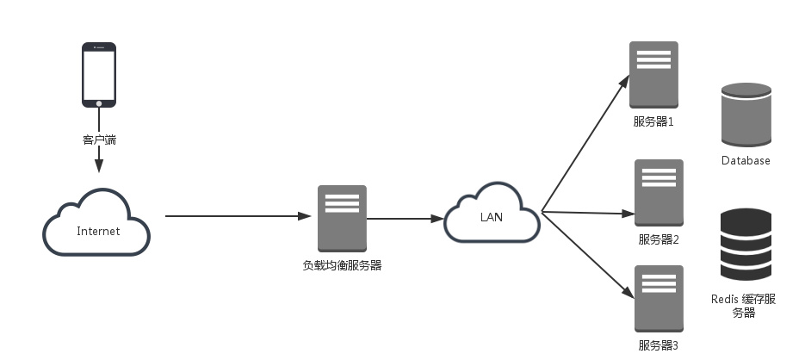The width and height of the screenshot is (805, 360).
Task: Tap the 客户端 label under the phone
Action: pos(99,138)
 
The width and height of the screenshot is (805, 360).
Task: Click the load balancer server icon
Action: pos(342,218)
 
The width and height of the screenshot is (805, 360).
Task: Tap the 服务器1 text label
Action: pos(653,121)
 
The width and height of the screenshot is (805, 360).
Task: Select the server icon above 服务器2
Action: pos(659,192)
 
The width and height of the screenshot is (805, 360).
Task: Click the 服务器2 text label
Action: pos(659,239)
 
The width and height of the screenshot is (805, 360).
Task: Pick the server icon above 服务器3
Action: pos(659,298)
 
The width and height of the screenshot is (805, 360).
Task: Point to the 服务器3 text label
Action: pos(659,345)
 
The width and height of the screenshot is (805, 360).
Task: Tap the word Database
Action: pos(746,161)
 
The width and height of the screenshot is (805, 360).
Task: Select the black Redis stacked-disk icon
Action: pos(746,245)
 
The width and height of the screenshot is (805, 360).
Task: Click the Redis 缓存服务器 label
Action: pos(744,306)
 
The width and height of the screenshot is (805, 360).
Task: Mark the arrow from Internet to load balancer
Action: pos(237,216)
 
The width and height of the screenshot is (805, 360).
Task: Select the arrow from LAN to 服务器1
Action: pos(585,143)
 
